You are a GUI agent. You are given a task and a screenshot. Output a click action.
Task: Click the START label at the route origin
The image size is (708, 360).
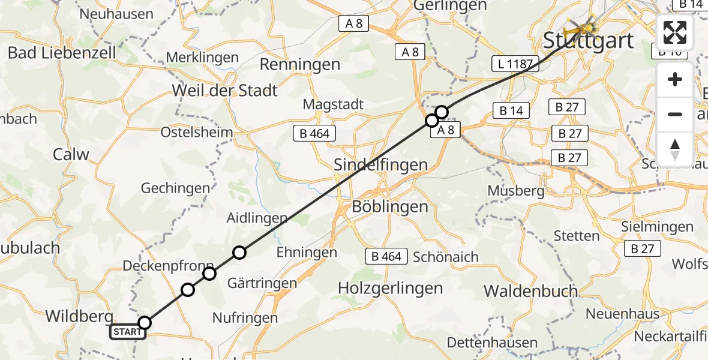point(127,332)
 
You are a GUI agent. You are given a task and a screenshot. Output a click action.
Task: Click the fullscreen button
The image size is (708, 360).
point(675,32)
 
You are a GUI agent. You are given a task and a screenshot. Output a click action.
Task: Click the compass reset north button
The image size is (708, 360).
point(675,149)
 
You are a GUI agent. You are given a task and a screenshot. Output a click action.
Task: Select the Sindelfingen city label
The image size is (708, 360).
point(380,165)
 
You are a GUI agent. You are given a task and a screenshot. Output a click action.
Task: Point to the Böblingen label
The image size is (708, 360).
point(389,207)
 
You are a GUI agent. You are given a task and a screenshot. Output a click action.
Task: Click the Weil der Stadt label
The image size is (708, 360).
point(224,91)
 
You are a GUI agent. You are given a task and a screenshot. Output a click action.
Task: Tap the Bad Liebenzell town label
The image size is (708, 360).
point(62,52)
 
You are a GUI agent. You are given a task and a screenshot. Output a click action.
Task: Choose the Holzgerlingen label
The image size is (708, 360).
point(390,288)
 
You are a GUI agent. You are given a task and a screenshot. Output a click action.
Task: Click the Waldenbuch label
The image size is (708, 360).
point(531,292)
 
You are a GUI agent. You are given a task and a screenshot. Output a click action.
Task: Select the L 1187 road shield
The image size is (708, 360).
point(515,63)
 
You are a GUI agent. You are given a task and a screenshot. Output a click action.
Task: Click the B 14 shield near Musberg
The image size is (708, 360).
point(511,110)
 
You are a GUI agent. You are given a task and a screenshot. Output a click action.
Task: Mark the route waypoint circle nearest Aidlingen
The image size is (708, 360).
point(239,253)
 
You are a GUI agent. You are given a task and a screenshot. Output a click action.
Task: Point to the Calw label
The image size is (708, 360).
point(71,154)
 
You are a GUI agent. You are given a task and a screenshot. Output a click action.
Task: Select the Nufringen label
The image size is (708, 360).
point(245,318)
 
